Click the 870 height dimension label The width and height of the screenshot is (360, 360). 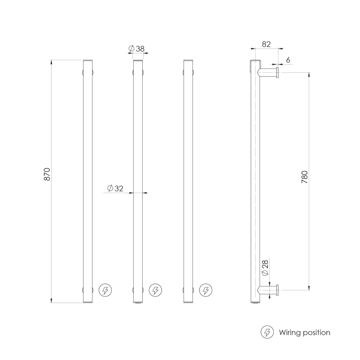click(47, 174)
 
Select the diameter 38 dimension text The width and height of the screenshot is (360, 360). click(137, 49)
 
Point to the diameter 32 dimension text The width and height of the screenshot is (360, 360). click(115, 189)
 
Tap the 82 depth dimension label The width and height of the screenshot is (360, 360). click(266, 44)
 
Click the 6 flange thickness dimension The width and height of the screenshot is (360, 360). click(288, 60)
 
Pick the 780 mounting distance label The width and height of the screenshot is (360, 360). click(304, 177)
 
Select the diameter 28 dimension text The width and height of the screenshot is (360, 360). click(265, 268)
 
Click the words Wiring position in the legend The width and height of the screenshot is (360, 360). click(305, 332)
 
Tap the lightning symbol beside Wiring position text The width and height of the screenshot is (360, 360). click(267, 332)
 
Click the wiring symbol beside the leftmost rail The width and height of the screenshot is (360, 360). click(105, 290)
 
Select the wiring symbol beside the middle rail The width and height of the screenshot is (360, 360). click(155, 290)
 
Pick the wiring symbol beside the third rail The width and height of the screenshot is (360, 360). click(206, 290)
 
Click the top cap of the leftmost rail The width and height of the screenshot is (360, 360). click(88, 61)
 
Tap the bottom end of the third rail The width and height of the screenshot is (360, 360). click(188, 302)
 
